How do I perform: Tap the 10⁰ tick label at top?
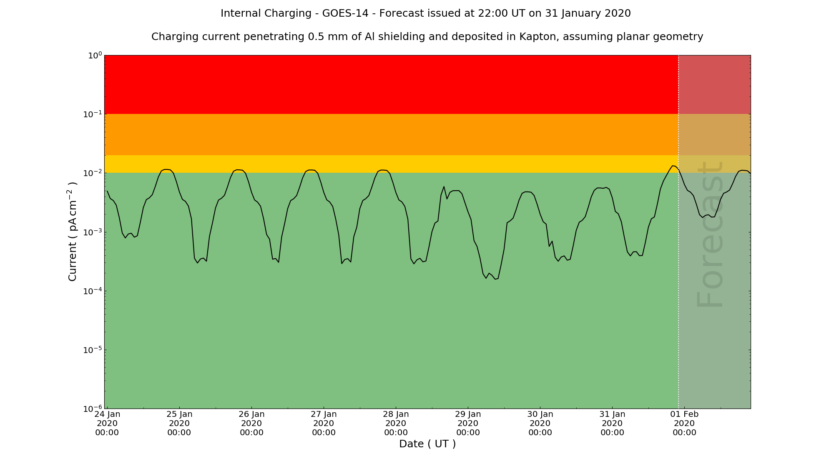[95, 55]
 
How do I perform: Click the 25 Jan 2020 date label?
[179, 423]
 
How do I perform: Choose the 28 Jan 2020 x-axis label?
[396, 423]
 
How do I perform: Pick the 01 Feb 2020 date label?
[684, 423]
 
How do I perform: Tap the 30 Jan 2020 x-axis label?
[540, 423]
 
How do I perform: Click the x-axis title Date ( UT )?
[427, 444]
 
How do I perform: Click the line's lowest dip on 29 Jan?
[486, 278]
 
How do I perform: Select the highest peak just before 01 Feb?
[673, 166]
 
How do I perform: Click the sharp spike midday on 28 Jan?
[444, 187]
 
